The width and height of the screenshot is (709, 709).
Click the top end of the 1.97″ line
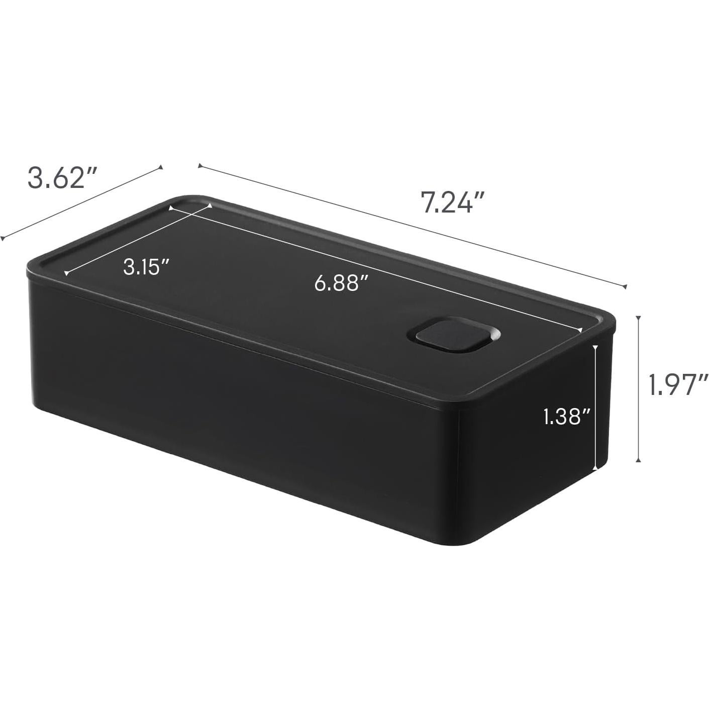click(639, 317)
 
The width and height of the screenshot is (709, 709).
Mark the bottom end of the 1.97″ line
click(639, 460)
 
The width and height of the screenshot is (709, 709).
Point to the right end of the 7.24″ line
click(625, 287)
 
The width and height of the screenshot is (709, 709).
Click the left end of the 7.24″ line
click(199, 166)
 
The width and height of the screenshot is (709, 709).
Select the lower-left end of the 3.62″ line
click(2, 239)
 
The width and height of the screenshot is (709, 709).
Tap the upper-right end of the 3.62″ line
click(161, 167)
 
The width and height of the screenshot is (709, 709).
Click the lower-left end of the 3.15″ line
click(66, 274)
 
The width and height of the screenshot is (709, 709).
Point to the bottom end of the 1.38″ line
click(596, 469)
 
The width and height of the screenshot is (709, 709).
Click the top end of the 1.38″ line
click(596, 346)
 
